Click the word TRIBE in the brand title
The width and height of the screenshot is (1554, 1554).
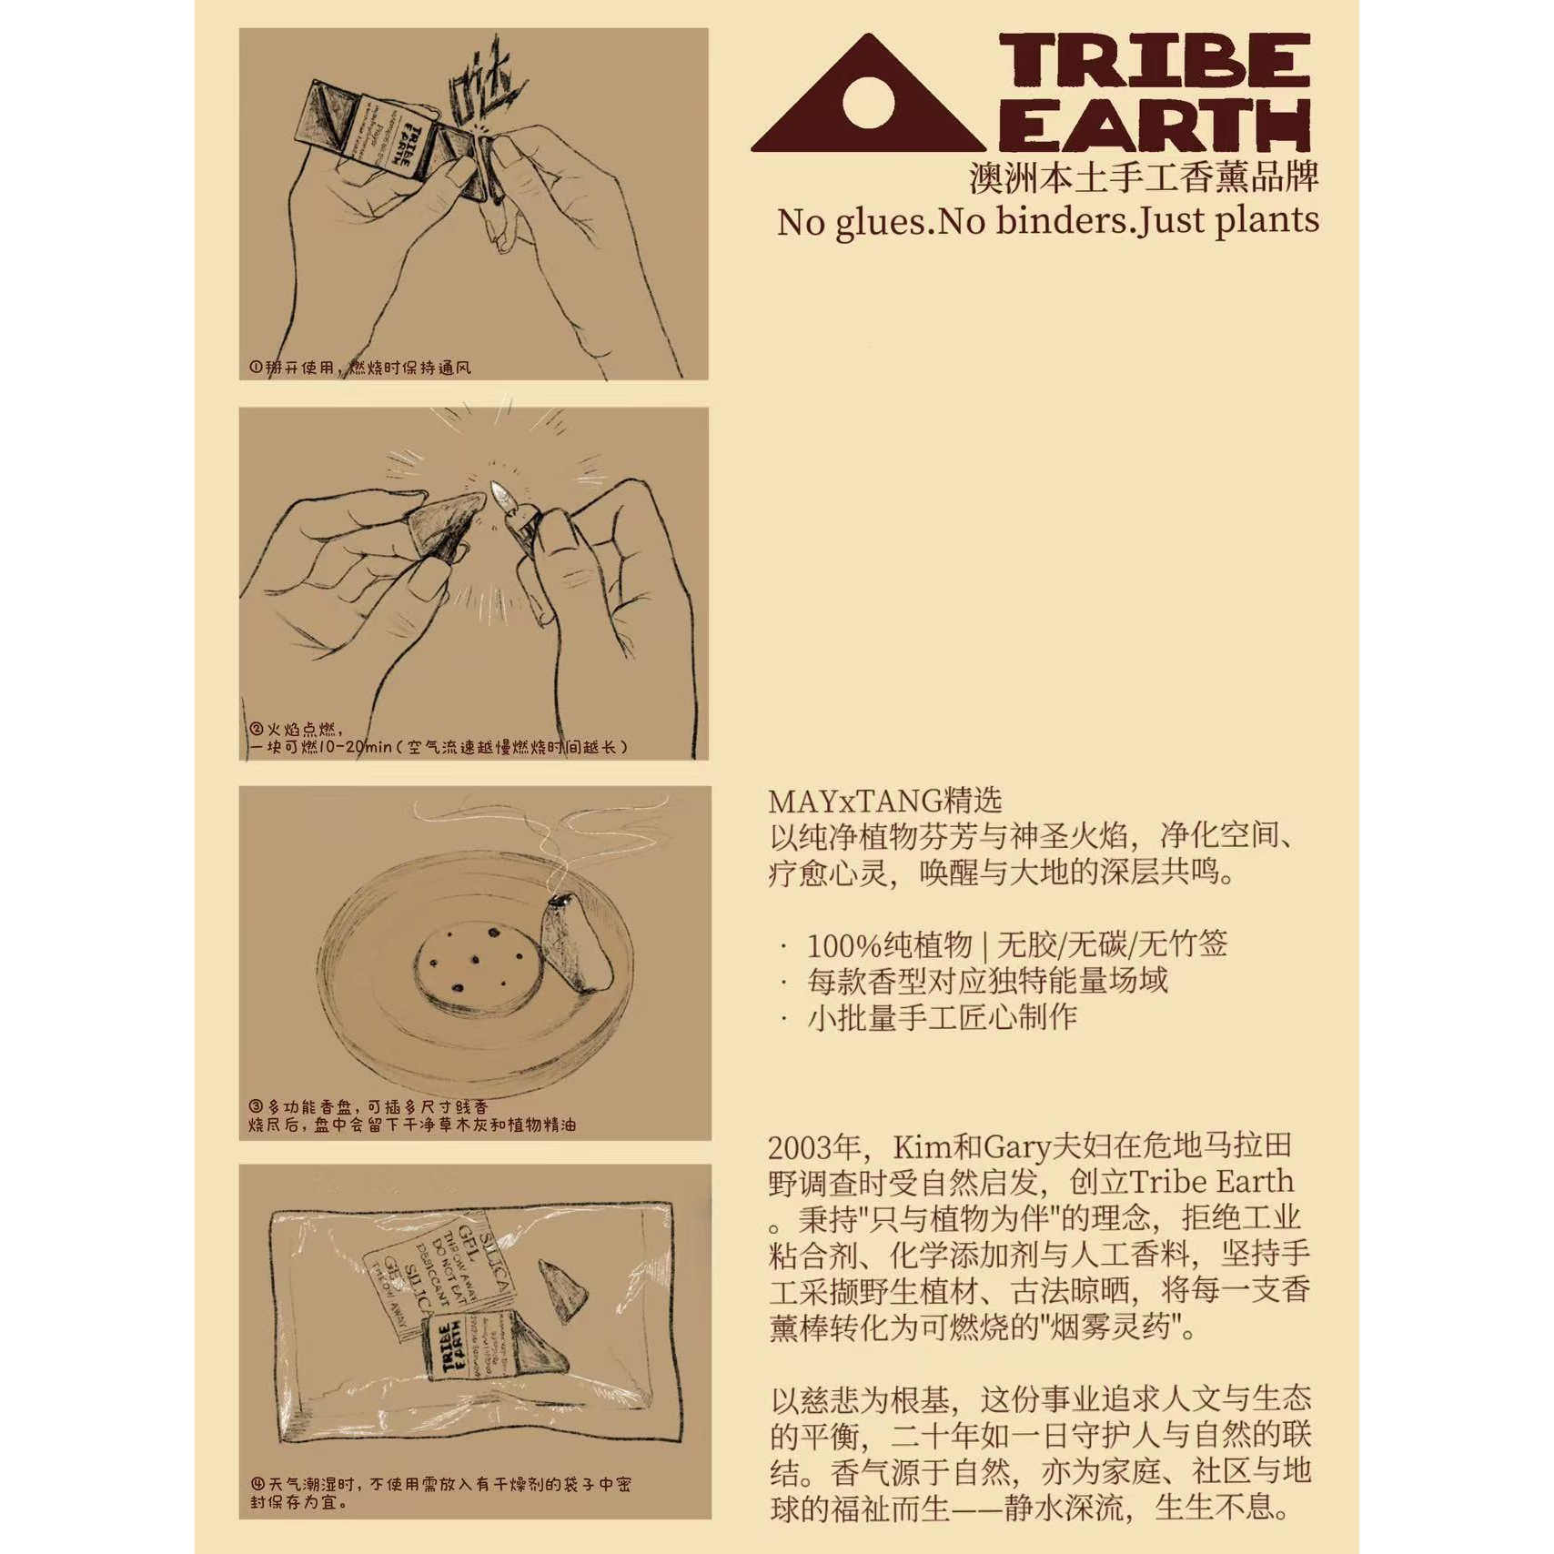[1154, 62]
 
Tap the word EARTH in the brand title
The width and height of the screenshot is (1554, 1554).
[1154, 125]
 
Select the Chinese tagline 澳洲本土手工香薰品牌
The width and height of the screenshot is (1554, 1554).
[1143, 177]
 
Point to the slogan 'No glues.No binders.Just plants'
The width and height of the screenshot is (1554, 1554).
[1047, 221]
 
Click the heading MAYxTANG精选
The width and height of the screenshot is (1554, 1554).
[884, 801]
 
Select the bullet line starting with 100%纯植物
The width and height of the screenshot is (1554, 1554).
[1016, 944]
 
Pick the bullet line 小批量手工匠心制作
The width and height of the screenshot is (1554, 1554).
[942, 1016]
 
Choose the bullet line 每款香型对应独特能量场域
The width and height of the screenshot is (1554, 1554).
[987, 981]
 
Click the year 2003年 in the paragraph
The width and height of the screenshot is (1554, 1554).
[814, 1146]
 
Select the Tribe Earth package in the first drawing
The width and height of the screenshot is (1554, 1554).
[382, 139]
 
